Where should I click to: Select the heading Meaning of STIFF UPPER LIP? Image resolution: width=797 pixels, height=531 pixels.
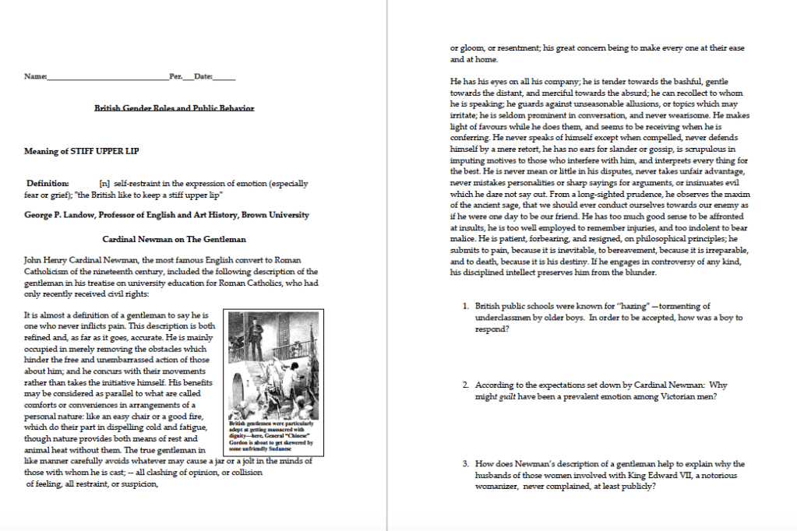tap(82, 151)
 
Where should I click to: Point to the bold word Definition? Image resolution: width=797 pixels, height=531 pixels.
tap(48, 184)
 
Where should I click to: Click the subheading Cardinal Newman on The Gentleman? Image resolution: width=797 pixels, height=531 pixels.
tap(175, 239)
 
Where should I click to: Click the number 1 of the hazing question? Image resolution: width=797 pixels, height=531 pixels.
tap(465, 307)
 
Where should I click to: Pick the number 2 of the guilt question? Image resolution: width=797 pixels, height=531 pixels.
tap(465, 385)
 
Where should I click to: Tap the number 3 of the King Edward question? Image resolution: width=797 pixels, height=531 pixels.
tap(465, 464)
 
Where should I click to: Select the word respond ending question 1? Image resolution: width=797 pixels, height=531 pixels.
tap(492, 329)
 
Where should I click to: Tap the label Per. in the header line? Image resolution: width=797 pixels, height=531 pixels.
tap(175, 77)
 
